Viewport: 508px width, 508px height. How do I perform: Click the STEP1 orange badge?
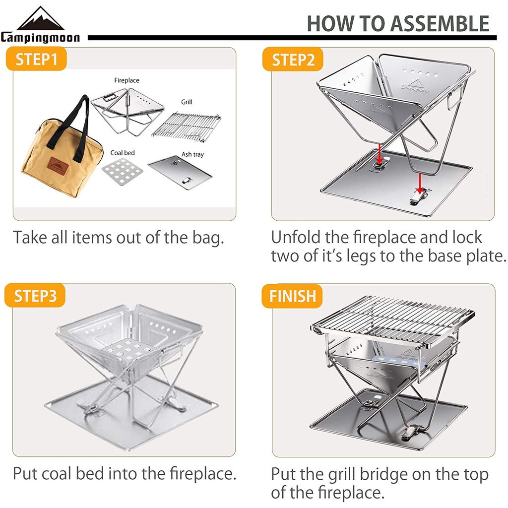click(36, 59)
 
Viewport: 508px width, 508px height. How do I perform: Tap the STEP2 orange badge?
click(293, 60)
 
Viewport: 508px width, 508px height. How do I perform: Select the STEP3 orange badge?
click(35, 296)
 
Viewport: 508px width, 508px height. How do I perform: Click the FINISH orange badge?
click(292, 296)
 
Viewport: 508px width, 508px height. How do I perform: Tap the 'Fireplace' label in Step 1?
click(127, 80)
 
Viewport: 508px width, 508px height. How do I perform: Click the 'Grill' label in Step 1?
click(187, 102)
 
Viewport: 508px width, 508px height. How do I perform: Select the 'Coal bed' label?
click(123, 153)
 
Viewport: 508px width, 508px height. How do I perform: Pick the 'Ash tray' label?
click(193, 155)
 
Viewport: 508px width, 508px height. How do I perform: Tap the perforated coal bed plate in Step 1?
click(123, 172)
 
